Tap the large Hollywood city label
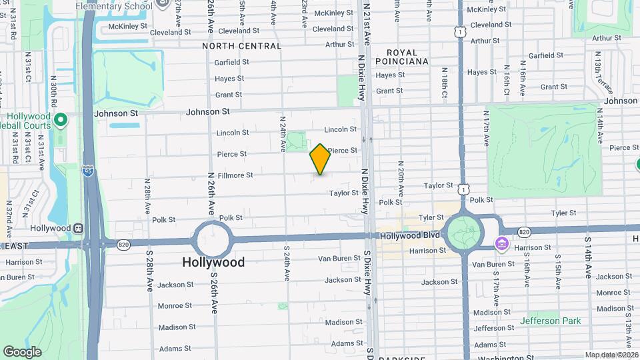click(213, 262)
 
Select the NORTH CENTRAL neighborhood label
click(241, 46)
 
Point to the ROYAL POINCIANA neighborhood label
click(402, 57)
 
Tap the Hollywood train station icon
click(79, 228)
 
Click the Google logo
click(22, 351)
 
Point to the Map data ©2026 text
click(611, 355)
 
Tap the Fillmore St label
click(235, 175)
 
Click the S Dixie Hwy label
click(367, 273)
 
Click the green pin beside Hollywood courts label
click(61, 121)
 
